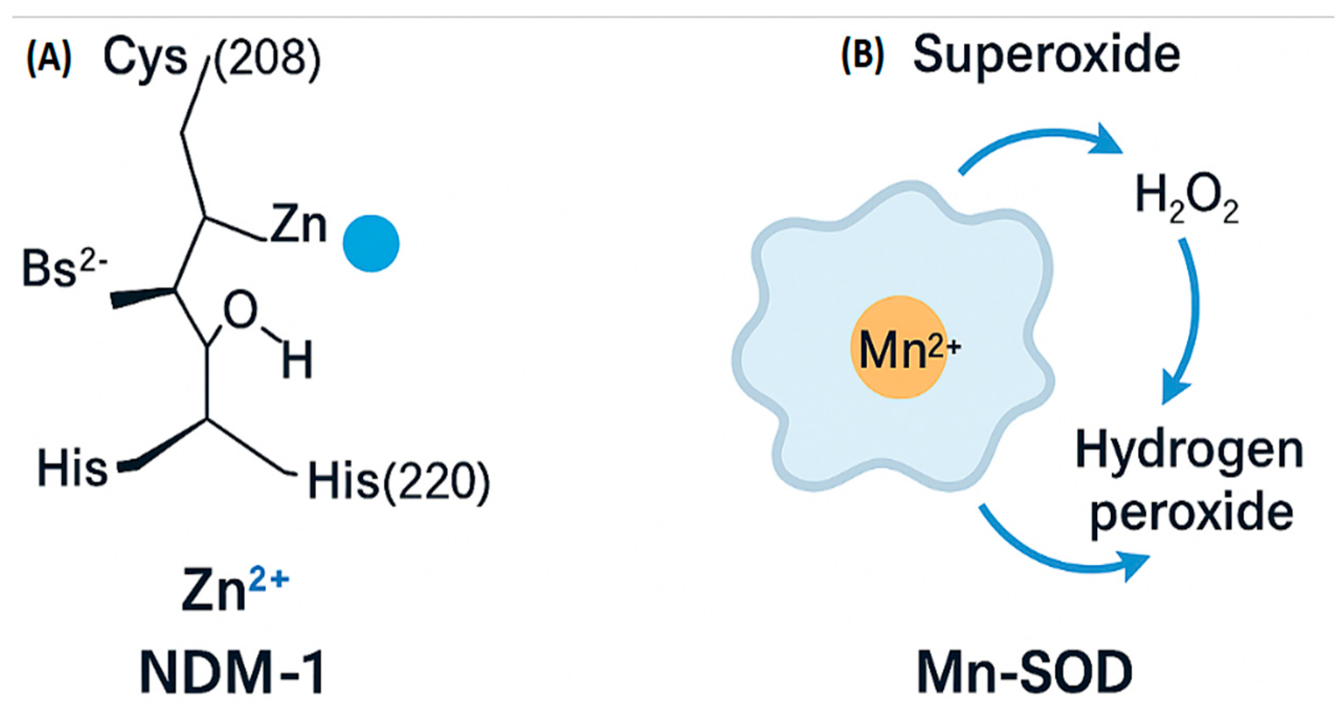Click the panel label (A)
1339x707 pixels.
click(x=49, y=59)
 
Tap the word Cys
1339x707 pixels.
click(x=145, y=58)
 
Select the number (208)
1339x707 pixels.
click(x=267, y=59)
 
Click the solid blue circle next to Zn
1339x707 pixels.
click(x=371, y=244)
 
